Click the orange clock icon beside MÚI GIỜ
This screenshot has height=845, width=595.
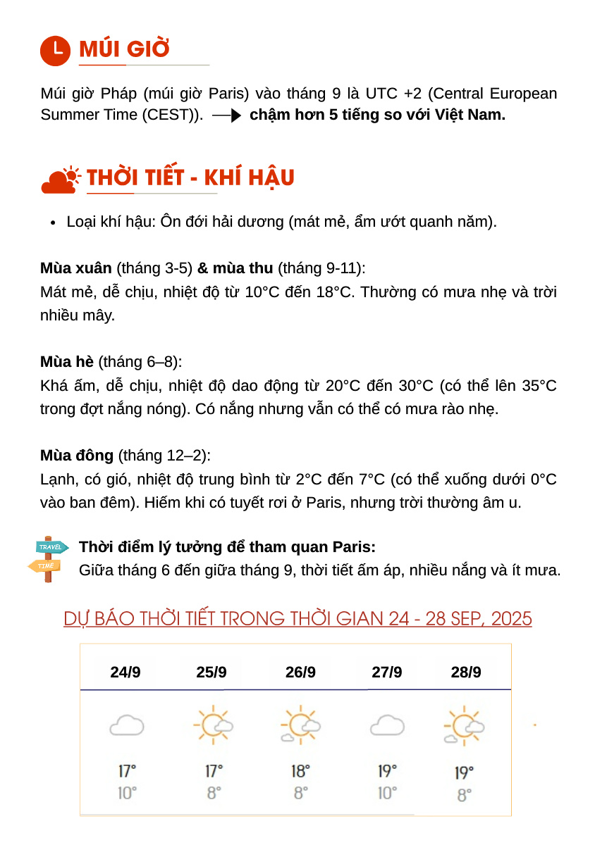click(x=55, y=50)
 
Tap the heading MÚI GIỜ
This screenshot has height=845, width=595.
click(x=124, y=49)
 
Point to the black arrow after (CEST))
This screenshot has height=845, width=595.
click(x=227, y=115)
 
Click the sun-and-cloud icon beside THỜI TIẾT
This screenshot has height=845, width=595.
click(x=61, y=180)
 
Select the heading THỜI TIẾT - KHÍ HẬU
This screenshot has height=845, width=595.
click(x=190, y=178)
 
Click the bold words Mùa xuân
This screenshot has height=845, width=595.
click(x=76, y=268)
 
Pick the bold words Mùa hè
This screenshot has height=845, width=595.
click(x=67, y=362)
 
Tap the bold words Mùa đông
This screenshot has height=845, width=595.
click(x=77, y=456)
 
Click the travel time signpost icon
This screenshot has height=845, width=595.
click(x=49, y=558)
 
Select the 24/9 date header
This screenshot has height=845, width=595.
click(x=125, y=672)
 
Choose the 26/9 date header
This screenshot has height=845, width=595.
click(x=300, y=672)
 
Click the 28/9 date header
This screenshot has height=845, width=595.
click(x=466, y=672)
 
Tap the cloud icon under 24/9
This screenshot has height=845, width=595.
click(x=127, y=725)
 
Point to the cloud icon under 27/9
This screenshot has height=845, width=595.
click(x=387, y=725)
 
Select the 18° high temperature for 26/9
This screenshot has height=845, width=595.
click(x=300, y=771)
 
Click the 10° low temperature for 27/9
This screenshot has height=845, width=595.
click(x=387, y=793)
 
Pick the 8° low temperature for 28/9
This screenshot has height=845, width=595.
click(x=464, y=795)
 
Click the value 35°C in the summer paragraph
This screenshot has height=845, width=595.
click(x=539, y=386)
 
